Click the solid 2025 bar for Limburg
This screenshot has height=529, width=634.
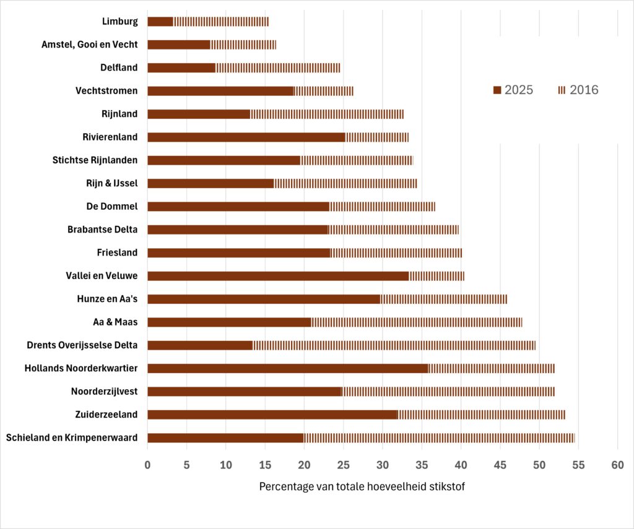(x=160, y=22)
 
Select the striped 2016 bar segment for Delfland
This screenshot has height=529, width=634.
(x=278, y=68)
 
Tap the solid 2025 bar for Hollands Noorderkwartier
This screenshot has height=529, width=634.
(x=288, y=369)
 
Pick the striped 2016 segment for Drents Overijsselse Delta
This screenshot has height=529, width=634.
(x=394, y=345)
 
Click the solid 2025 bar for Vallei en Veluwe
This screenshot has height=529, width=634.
(x=278, y=276)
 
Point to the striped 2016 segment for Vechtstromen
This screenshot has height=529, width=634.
(x=324, y=91)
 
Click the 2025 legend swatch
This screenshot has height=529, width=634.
(x=497, y=90)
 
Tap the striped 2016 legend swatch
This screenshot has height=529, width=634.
(x=562, y=90)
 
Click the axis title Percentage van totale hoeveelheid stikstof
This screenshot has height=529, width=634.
(x=362, y=486)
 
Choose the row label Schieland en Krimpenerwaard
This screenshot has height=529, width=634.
(x=72, y=438)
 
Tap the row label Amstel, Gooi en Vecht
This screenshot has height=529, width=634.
(x=90, y=45)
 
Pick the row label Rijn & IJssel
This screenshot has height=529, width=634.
(x=112, y=183)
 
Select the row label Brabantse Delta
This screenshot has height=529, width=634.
(x=103, y=230)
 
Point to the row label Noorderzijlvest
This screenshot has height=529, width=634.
(x=105, y=392)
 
